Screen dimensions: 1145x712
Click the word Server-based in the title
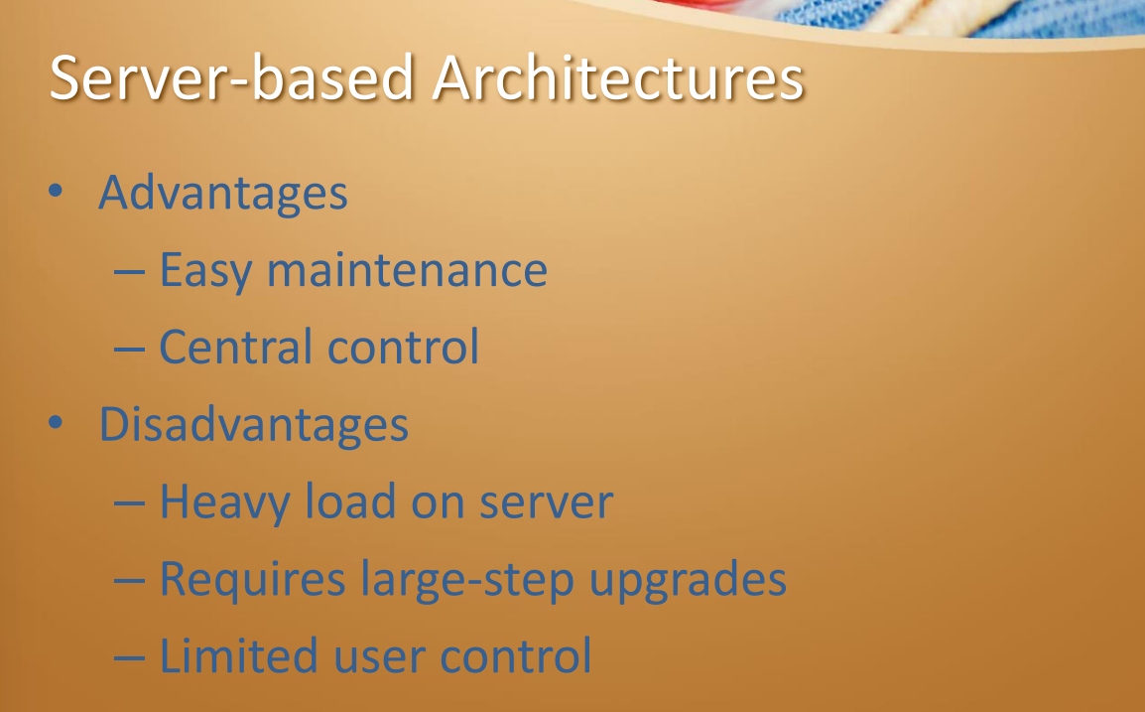(232, 77)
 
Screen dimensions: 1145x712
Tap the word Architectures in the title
(618, 77)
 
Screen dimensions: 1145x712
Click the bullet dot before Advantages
(56, 191)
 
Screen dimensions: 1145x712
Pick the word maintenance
(407, 270)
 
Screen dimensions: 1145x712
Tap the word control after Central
(403, 347)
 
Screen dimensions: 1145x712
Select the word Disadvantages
(253, 425)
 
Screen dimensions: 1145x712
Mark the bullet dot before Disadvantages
(56, 422)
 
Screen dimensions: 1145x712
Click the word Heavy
(225, 502)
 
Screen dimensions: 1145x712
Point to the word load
(350, 501)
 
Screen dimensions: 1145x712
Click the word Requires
(253, 580)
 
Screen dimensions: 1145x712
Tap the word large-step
(467, 581)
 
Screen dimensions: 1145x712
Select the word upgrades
(688, 581)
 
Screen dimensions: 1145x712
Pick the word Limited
(239, 655)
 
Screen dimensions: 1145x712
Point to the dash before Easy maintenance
(129, 272)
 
